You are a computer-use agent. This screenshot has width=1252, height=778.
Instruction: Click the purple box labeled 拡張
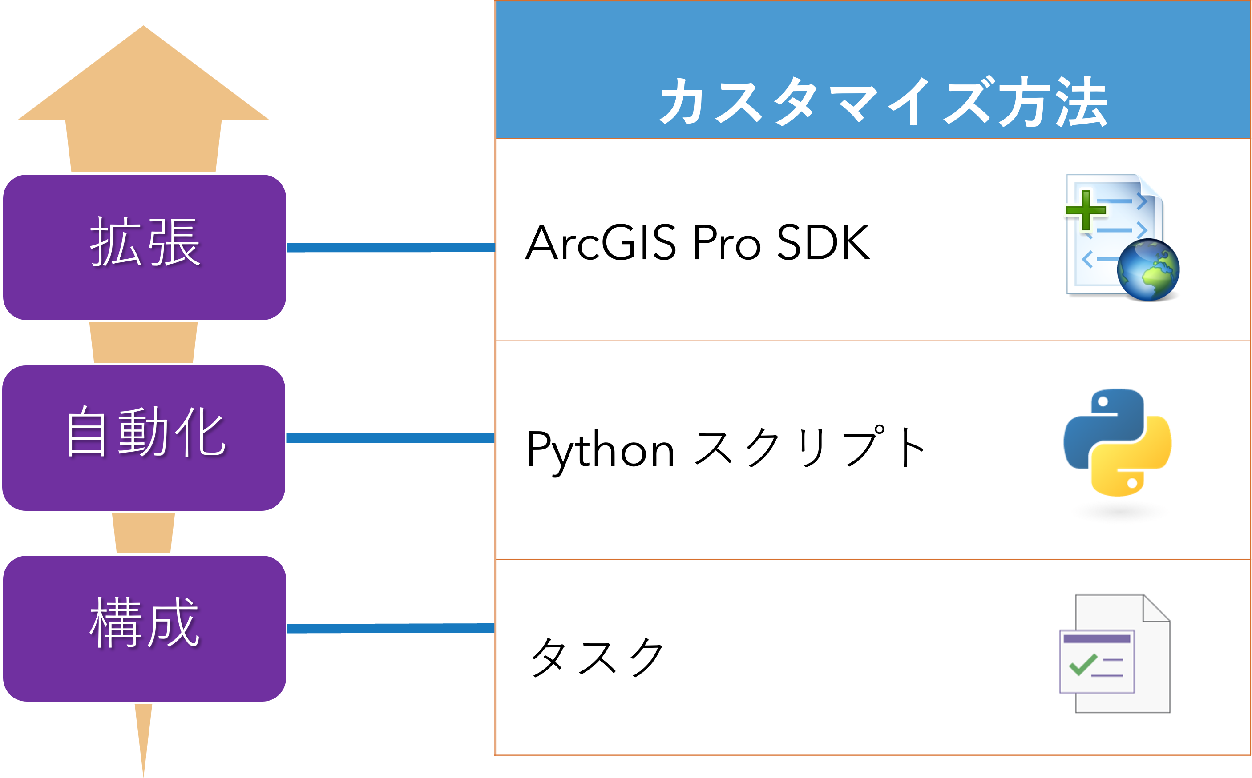click(x=145, y=247)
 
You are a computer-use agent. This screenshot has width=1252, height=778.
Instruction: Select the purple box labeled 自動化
click(x=144, y=438)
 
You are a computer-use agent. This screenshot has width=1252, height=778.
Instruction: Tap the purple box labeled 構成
click(x=145, y=628)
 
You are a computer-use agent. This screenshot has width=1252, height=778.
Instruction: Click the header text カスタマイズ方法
click(x=884, y=101)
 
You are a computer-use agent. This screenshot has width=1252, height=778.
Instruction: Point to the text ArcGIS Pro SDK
click(x=698, y=242)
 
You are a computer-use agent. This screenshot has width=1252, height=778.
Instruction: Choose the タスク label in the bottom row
click(x=597, y=657)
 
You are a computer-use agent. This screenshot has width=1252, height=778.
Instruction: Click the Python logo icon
click(x=1118, y=442)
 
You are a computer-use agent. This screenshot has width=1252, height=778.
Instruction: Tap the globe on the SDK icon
click(x=1148, y=269)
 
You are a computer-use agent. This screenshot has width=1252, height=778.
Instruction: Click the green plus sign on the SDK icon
click(x=1086, y=210)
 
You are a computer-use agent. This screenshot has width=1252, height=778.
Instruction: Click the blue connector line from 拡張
click(x=391, y=248)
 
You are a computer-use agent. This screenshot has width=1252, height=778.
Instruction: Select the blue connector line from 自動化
click(x=390, y=438)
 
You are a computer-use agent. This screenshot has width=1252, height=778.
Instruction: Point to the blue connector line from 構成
click(x=391, y=628)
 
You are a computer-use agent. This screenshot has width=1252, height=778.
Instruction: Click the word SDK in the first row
click(x=824, y=242)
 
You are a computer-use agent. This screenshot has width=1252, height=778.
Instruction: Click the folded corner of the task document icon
click(x=1156, y=608)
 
